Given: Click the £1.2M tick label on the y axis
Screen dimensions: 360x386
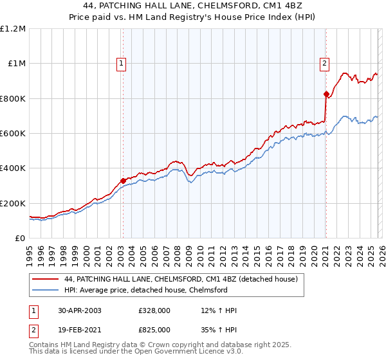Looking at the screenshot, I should tap(14, 29).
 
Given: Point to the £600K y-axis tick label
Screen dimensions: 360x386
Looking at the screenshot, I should tap(13, 134).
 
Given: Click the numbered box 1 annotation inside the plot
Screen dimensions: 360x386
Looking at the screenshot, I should tap(122, 63).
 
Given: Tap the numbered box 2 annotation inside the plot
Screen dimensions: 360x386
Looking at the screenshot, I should tap(325, 63).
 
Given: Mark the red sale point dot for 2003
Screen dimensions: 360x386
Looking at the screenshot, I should tap(123, 181).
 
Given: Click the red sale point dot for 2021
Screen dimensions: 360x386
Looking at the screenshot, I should tap(326, 94).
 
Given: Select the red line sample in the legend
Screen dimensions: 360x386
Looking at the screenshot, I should tap(46, 280).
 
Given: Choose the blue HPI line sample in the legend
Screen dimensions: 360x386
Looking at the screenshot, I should tap(46, 290).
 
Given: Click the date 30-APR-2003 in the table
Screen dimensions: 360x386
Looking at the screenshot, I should tap(79, 310).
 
